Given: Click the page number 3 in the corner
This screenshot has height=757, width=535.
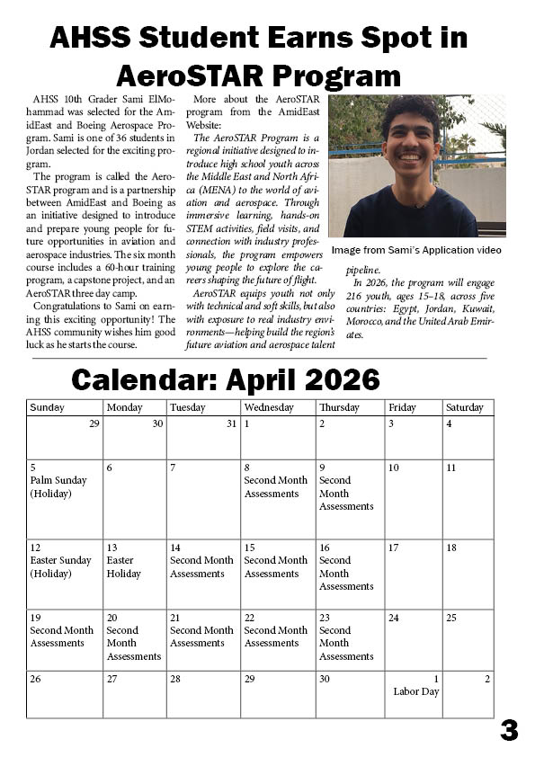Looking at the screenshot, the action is pos(509,731).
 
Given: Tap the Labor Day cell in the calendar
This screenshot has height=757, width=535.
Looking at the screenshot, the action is pos(415,693).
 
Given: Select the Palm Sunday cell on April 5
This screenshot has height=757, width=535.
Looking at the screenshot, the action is pos(65,499).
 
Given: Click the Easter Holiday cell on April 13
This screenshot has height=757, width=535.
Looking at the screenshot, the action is pos(135,574).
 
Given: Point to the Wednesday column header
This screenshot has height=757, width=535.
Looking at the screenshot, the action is pos(278,407).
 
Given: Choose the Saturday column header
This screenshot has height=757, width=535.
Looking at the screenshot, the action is pos(468,407).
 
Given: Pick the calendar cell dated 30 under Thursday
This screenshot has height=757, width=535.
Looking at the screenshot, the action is pos(350,693).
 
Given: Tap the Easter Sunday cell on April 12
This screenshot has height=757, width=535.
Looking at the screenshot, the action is pos(65,574).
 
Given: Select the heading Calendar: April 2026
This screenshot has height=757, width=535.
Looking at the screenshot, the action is pos(226,379).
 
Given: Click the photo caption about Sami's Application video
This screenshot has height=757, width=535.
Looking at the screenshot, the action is pos(415,250).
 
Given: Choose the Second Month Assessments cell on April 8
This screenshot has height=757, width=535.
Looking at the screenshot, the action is pos(278,499).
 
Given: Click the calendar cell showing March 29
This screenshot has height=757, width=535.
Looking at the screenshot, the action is pos(65,437).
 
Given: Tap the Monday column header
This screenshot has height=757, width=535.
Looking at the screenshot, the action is pos(135,407).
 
